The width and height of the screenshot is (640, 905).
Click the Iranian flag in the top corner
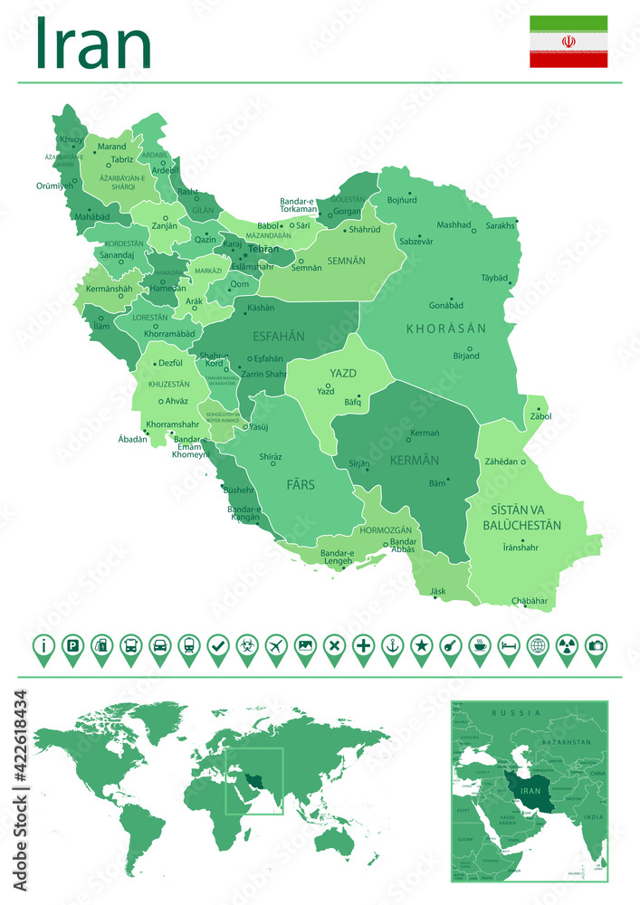coord(568,42)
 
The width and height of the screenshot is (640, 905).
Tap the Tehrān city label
coord(263,248)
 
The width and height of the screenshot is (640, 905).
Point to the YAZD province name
coord(343,374)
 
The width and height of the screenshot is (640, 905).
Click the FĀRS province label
coord(301,485)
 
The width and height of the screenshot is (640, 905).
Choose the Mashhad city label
coord(454,224)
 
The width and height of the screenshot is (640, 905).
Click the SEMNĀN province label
coord(347,261)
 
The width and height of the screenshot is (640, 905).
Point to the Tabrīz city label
coord(121,159)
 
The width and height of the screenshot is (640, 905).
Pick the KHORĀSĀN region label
coord(446,328)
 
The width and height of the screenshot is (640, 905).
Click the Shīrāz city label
coord(271,457)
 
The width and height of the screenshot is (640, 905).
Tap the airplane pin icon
coord(276,646)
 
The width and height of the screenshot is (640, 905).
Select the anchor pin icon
coord(392,646)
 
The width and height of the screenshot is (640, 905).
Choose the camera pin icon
coord(596,646)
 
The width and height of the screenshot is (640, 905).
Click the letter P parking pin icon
coord(72,646)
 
